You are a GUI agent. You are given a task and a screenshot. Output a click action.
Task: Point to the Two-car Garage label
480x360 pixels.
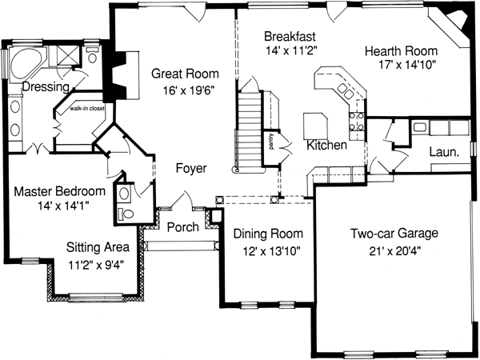click(x=394, y=234)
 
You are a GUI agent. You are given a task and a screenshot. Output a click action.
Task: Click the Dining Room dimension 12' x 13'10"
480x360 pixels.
click(x=268, y=250)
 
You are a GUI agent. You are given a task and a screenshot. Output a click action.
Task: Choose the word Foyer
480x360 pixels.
click(x=191, y=169)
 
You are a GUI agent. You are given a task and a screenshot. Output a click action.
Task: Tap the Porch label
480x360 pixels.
click(x=182, y=226)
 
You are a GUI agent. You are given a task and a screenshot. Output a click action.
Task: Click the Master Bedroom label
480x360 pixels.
click(x=60, y=192)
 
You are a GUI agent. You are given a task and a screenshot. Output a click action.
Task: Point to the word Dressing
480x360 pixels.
click(x=43, y=86)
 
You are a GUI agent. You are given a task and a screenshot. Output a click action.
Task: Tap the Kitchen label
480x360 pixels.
click(x=326, y=146)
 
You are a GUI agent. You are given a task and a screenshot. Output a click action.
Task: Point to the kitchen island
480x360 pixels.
click(x=315, y=126)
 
